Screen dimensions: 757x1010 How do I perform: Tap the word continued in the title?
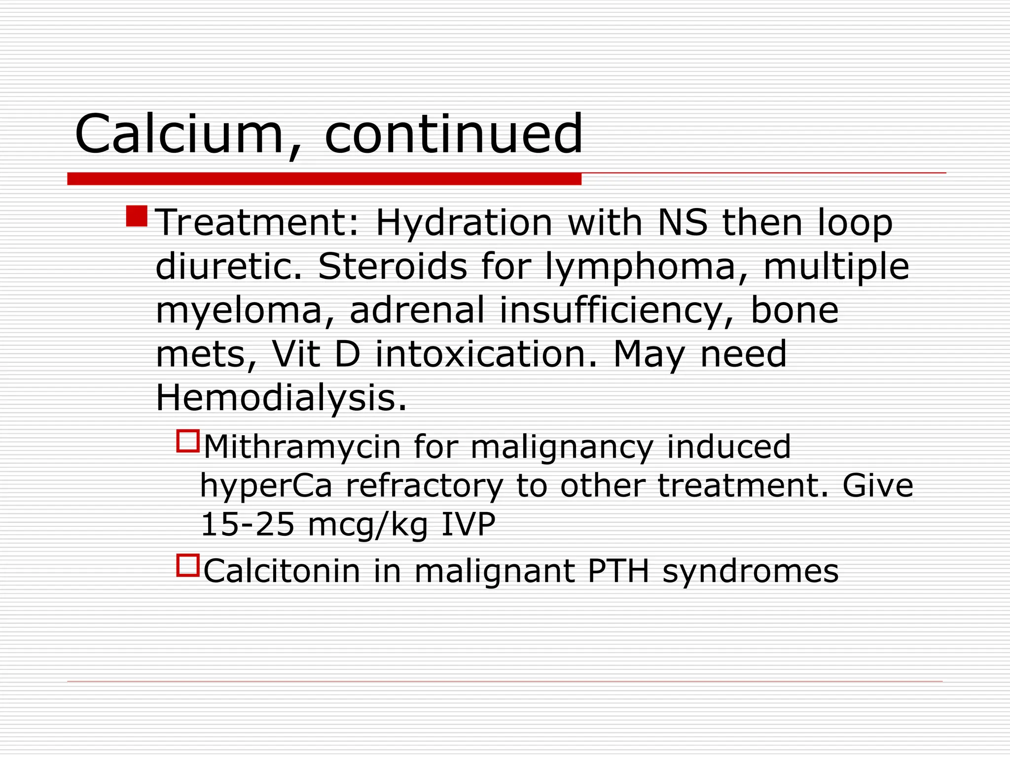[x=454, y=134]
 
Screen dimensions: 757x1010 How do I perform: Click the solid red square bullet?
[x=137, y=216]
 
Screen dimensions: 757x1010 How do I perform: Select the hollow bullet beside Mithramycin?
[x=188, y=441]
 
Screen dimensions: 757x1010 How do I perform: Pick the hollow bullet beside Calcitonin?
[x=188, y=565]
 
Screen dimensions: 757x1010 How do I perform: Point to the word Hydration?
[x=464, y=223]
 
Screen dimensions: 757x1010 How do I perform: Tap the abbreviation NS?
[x=683, y=223]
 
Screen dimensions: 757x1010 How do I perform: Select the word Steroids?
[x=392, y=267]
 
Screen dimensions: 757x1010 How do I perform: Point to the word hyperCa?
[x=266, y=486]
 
